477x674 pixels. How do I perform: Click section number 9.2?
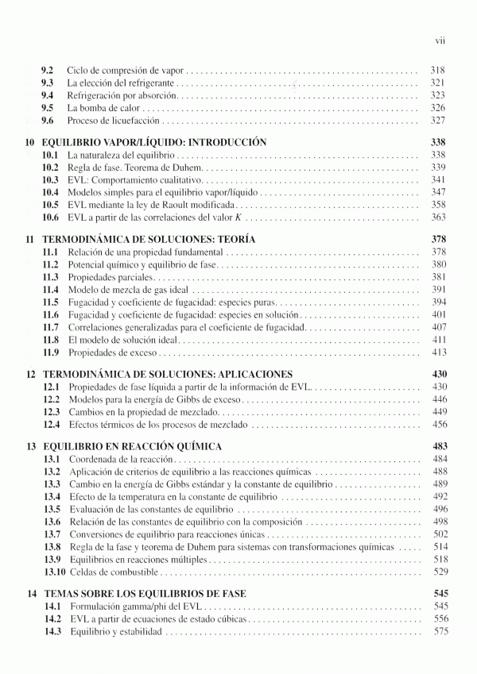tap(47, 69)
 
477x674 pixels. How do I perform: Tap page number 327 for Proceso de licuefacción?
tap(437, 121)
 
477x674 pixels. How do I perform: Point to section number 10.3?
tap(50, 180)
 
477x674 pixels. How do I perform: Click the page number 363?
tap(437, 218)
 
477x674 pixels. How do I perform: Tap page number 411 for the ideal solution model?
tap(437, 339)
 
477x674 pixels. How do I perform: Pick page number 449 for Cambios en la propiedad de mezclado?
tap(437, 412)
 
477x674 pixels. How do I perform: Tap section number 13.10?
tap(52, 572)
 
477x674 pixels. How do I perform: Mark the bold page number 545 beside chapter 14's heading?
tap(437, 593)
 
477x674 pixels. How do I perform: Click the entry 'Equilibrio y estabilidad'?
tap(115, 631)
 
